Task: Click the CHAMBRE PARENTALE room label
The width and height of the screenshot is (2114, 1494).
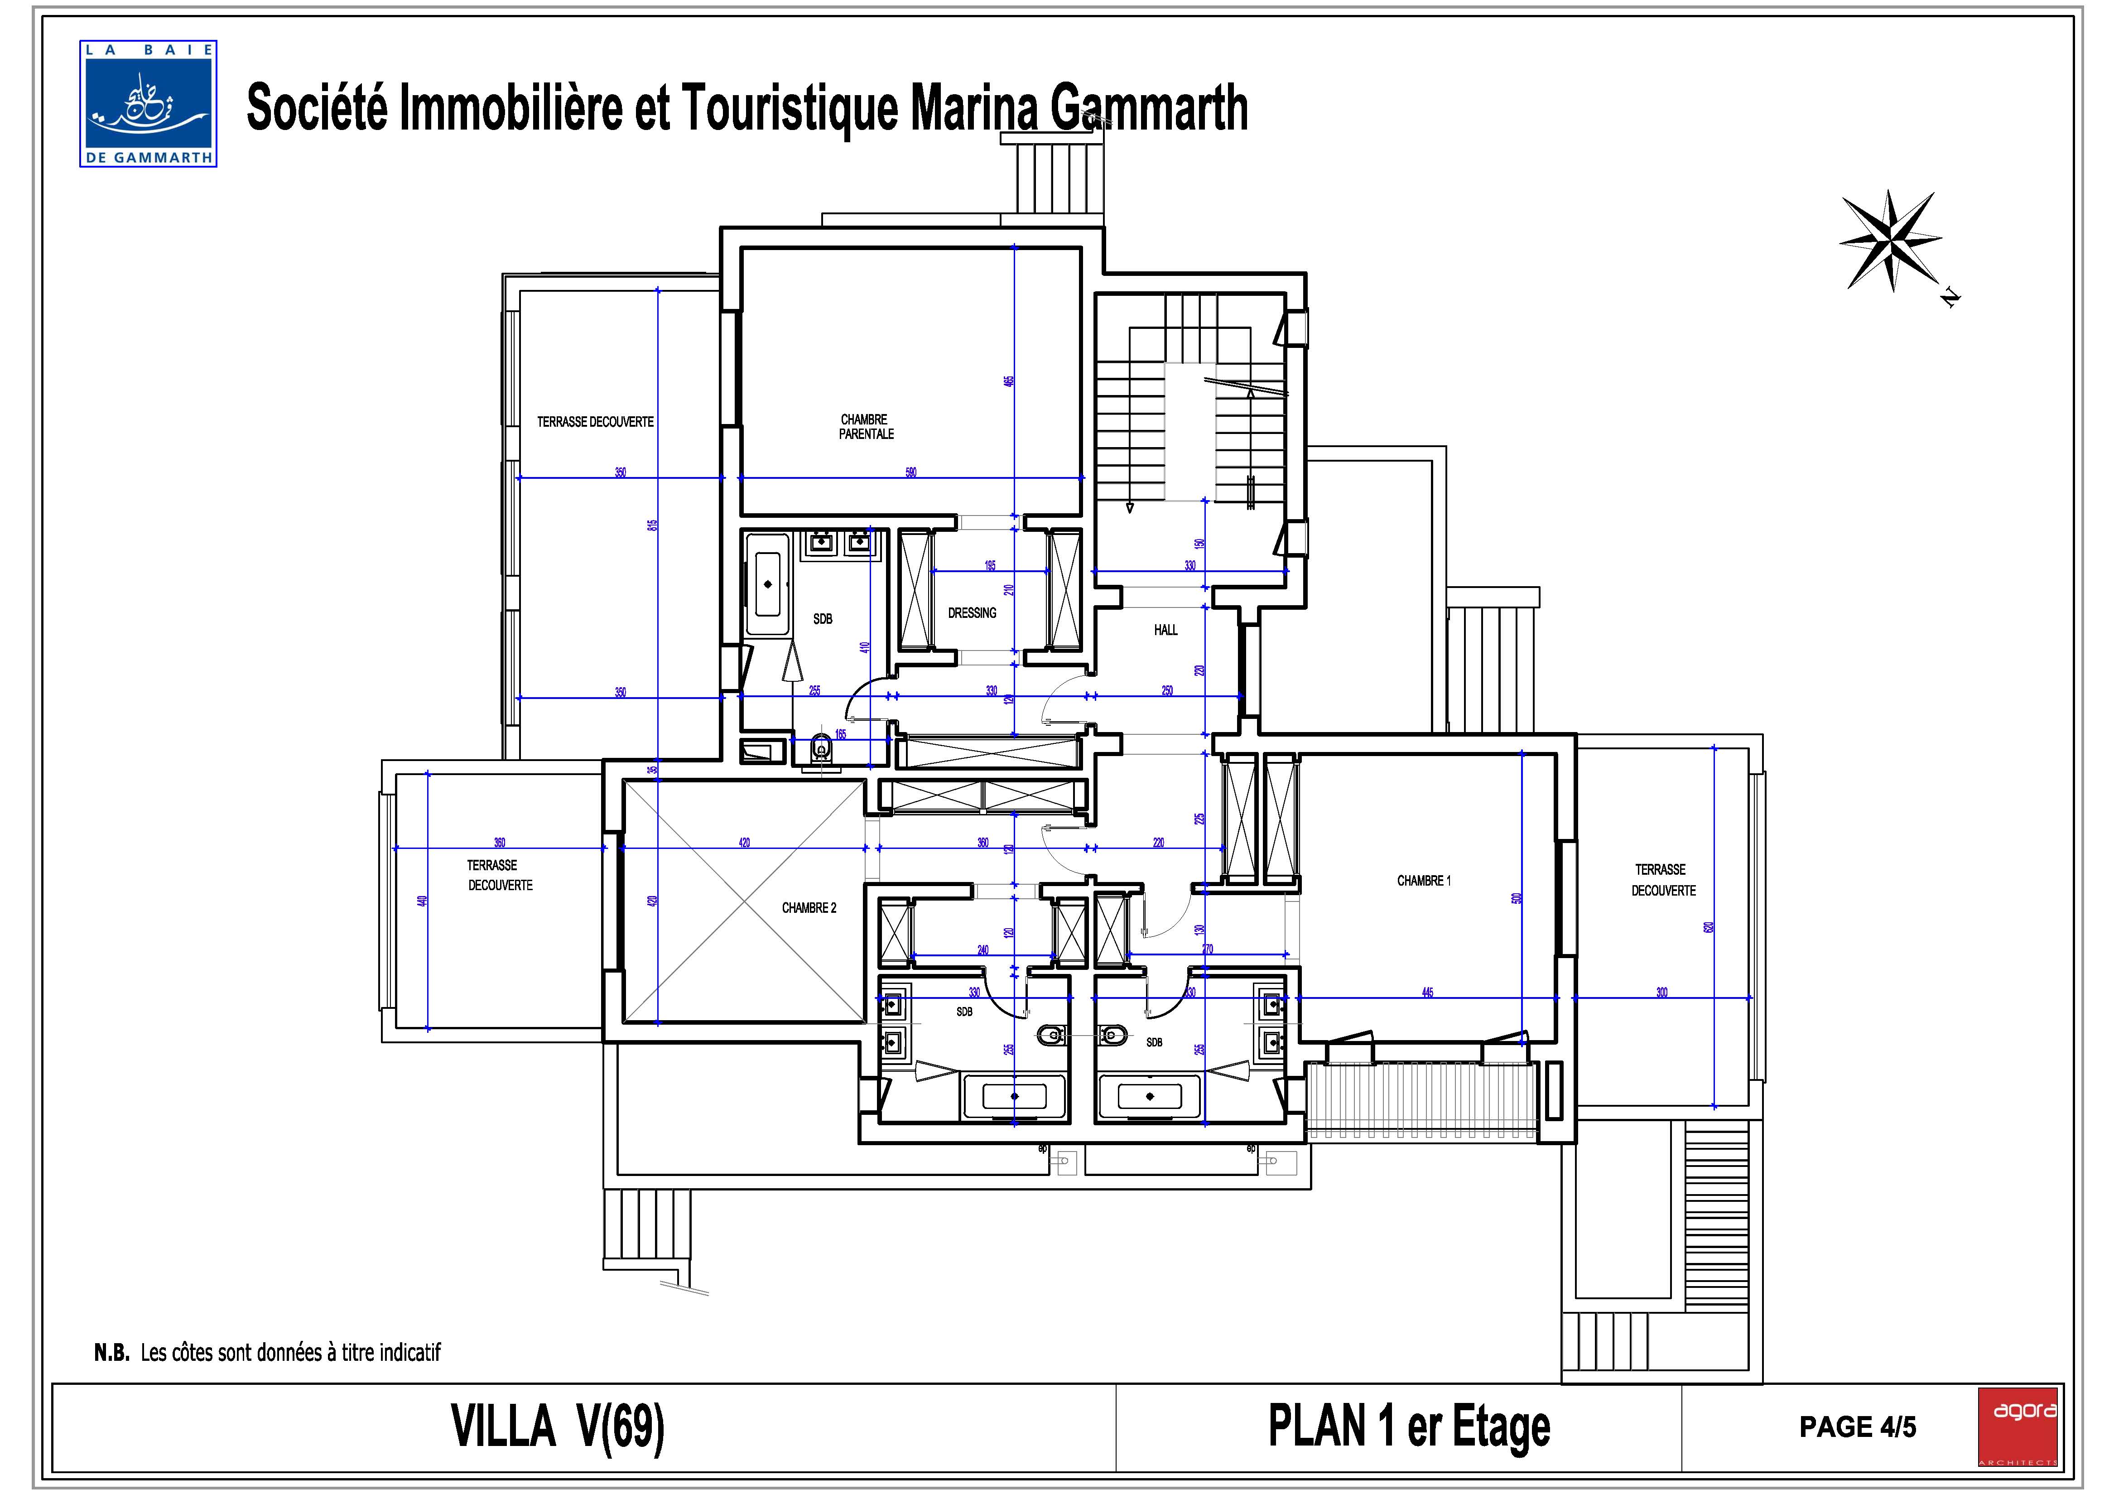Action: [866, 426]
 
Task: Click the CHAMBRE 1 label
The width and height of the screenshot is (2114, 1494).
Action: [1424, 881]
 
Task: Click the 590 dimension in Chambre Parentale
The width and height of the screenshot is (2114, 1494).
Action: [910, 472]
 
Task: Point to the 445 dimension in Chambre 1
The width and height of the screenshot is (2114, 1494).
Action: [1427, 993]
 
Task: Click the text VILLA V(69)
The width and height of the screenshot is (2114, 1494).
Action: [557, 1427]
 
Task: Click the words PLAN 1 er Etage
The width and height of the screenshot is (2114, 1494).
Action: [1409, 1427]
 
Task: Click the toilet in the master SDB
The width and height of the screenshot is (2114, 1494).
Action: [821, 750]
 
